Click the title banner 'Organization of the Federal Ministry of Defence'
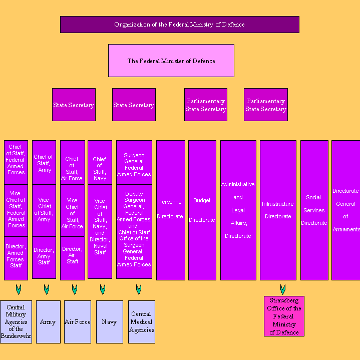point(179,25)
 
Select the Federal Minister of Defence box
point(171,61)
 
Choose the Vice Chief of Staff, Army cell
point(44,210)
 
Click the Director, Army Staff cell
point(44,256)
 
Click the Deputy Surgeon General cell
point(134,230)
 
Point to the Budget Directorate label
point(202,210)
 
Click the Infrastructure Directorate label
point(278,210)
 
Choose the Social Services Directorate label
point(314,210)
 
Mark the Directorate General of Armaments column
point(345,210)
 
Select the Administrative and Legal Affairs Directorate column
point(238,210)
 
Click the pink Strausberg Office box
point(284,316)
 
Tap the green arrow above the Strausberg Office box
point(283,289)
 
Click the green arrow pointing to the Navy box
point(103,289)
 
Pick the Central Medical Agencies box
point(142,322)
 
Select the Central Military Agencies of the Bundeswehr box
point(16,322)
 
